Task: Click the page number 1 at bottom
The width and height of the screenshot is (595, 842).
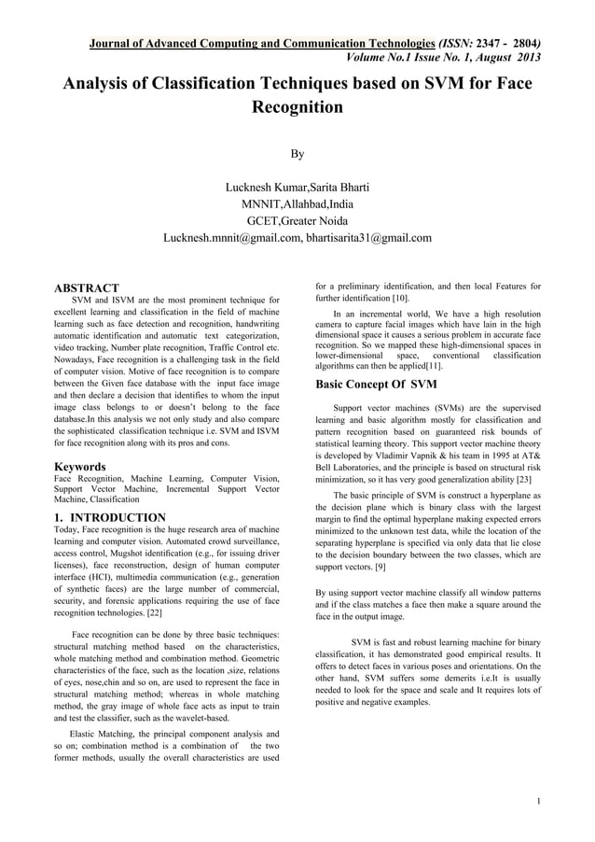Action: [x=541, y=802]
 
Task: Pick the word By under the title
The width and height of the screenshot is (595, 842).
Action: [x=297, y=153]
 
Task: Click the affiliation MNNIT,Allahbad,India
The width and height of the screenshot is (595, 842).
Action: [x=297, y=204]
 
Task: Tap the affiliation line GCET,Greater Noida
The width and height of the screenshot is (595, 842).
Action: [x=297, y=221]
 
